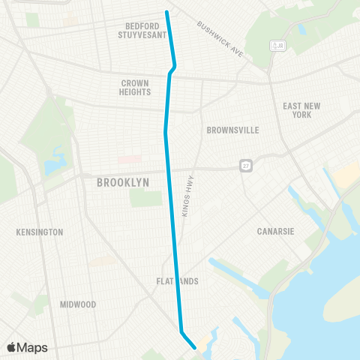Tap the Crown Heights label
pos(135,87)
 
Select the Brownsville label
pos(232,130)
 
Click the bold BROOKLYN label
pos(123,182)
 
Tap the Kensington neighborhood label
pos(40,232)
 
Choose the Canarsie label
pos(273,231)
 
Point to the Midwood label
pos(78,304)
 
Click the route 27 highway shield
pos(245,165)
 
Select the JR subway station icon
pos(278,46)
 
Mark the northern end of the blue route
pos(166,11)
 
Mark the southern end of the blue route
pos(195,347)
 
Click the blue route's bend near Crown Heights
pos(175,67)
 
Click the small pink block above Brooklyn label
pos(129,159)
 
